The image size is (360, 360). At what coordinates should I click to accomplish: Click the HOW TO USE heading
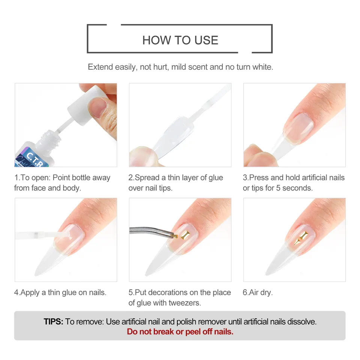(180, 40)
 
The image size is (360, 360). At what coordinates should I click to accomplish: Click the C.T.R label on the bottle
(34, 158)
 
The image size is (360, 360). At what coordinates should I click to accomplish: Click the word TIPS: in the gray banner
(53, 322)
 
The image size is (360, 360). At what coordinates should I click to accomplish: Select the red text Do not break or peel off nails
(180, 332)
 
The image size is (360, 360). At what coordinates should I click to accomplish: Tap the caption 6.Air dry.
(258, 292)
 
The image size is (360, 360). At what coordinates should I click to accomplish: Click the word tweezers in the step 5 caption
(185, 303)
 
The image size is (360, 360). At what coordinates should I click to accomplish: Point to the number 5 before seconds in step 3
(278, 188)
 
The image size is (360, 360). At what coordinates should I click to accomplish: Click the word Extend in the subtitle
(100, 67)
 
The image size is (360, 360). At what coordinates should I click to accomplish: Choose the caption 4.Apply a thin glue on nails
(60, 292)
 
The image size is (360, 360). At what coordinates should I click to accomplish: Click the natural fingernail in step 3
(298, 129)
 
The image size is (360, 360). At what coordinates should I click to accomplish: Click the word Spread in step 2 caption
(147, 178)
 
